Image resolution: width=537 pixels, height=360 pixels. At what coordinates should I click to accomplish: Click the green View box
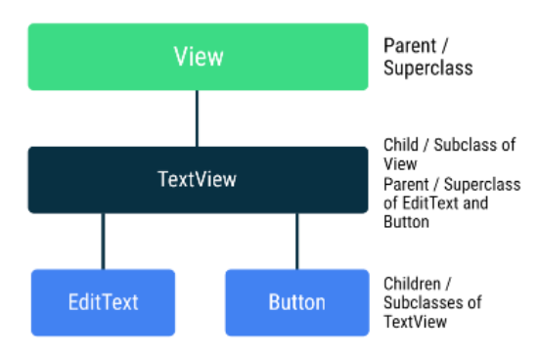click(x=198, y=57)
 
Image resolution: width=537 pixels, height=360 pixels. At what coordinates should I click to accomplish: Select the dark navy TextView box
click(x=198, y=180)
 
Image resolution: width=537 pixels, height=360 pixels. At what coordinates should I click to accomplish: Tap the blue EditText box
click(x=103, y=302)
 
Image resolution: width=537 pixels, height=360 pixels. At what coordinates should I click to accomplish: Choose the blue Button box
click(x=295, y=302)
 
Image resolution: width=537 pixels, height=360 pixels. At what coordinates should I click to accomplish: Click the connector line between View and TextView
click(x=198, y=118)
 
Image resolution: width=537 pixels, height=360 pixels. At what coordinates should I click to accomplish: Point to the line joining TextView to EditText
click(x=103, y=242)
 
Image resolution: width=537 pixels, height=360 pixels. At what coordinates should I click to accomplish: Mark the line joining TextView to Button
click(x=296, y=242)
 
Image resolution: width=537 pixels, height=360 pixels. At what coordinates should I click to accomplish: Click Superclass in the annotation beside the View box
click(x=427, y=68)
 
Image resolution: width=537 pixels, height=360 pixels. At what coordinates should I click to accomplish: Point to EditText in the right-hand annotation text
click(x=431, y=202)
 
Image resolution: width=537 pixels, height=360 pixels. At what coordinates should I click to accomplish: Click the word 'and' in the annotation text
click(x=477, y=202)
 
